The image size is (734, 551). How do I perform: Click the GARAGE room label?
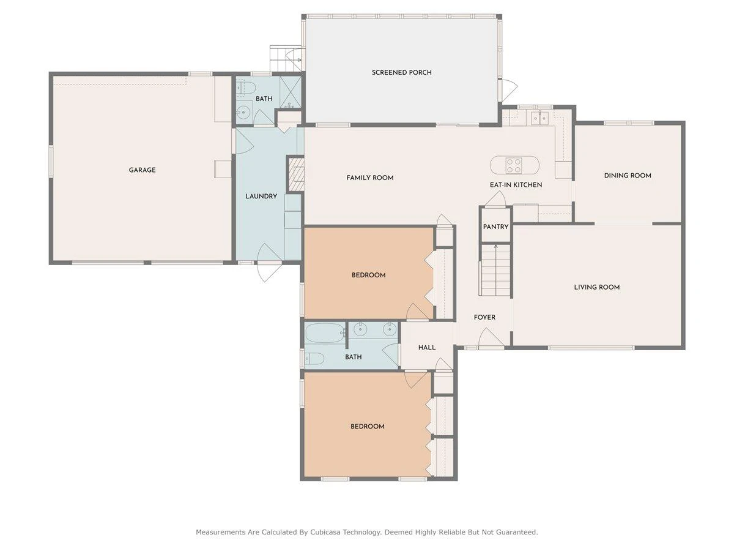pos(142,170)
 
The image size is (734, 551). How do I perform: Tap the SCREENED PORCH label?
pos(402,72)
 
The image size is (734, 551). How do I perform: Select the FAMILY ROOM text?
pos(370,178)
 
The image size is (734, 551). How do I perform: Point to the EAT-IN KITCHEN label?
pos(516,185)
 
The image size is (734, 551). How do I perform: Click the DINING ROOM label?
pos(628,175)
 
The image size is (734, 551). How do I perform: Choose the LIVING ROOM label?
pos(596,287)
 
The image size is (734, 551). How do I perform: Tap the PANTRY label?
pos(495,227)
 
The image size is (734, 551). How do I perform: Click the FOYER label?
pos(484,317)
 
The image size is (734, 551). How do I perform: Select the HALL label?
pos(427,348)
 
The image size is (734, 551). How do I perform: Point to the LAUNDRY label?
pos(261,196)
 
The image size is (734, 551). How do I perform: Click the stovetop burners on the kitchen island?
pos(514,165)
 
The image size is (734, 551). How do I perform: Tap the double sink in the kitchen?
pos(539,118)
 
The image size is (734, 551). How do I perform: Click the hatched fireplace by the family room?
pos(296,174)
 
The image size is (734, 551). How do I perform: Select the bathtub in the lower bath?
pos(325,332)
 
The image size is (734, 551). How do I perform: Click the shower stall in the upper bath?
pos(291,92)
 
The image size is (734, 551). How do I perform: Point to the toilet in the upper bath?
pos(246,88)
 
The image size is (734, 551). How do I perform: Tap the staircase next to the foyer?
pos(495,270)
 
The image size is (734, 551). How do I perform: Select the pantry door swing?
pos(495,199)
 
